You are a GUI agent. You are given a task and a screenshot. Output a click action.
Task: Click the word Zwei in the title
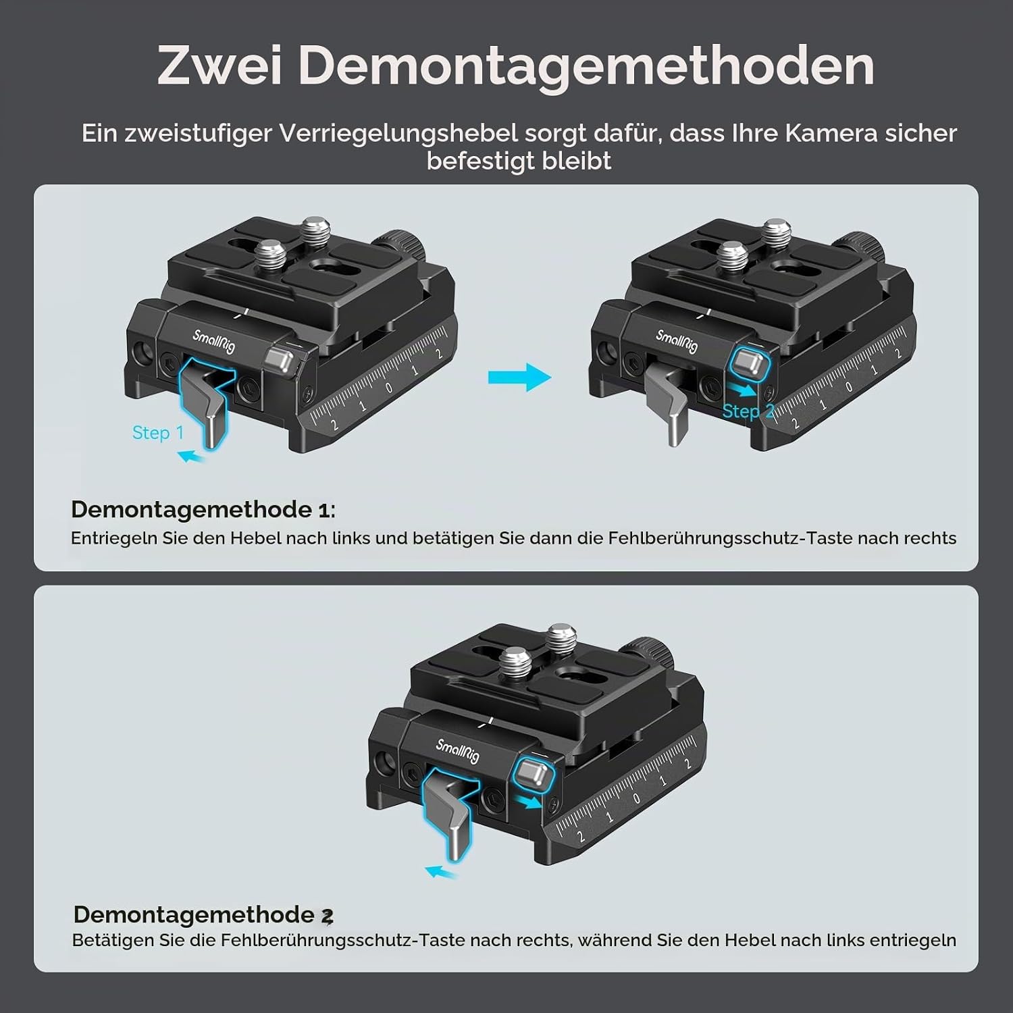[x=219, y=66]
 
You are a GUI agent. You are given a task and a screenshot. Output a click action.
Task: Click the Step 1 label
[x=158, y=432]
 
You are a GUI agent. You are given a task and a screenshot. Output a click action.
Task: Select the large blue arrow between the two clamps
[x=519, y=377]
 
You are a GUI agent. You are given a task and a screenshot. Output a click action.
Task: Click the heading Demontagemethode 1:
[x=203, y=509]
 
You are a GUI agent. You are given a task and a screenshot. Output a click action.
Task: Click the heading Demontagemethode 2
[x=203, y=914]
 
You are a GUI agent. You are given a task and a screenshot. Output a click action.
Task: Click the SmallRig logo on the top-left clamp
[x=214, y=342]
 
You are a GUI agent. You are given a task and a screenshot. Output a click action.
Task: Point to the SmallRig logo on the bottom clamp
[x=457, y=750]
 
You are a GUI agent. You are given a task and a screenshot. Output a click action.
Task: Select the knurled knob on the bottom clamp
[x=650, y=652]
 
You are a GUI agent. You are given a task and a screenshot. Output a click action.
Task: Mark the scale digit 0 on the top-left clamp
[x=390, y=388]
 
